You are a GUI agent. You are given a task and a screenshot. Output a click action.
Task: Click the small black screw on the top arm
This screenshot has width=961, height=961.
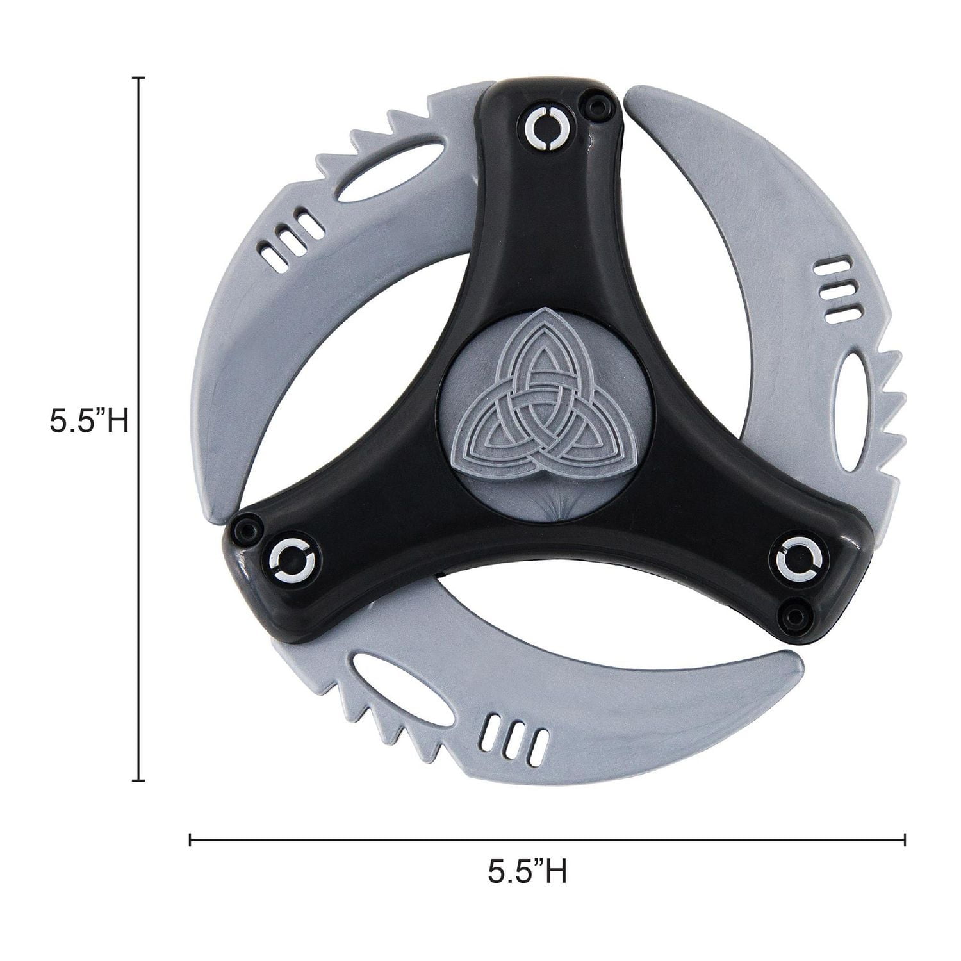pos(599,103)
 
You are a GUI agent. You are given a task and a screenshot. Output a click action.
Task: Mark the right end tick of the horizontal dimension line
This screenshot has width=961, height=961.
pos(904,839)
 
